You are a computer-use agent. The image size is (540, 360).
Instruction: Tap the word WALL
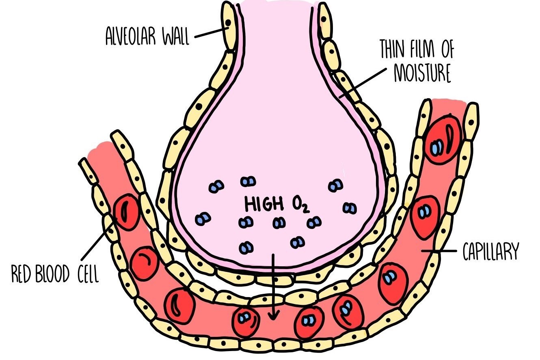pos(176,37)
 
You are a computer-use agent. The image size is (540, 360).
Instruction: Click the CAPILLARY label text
pos(490,252)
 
